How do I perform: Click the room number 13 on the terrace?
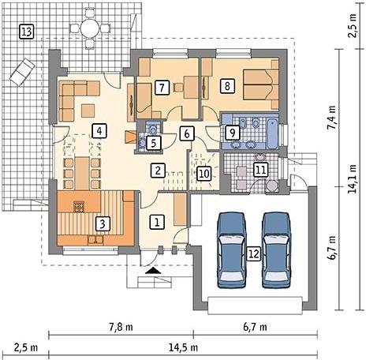coord(27,32)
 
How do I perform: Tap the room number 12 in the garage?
coord(253,253)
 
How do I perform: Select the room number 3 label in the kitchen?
coord(103,223)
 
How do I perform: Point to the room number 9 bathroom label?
coord(233,133)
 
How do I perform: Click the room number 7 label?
coord(162,88)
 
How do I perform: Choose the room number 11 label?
coord(260,170)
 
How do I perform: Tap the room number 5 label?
coord(153,143)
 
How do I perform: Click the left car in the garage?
coord(231,250)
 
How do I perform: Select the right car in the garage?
coord(276,250)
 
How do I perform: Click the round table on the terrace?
coord(89,28)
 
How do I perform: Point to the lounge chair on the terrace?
coord(22,72)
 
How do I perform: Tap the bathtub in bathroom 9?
coord(272,134)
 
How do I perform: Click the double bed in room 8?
coord(261,84)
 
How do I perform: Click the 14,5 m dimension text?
coord(183,347)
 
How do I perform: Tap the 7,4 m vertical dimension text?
coord(332,117)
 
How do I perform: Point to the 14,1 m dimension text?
coord(353,179)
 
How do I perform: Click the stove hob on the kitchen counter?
coord(79,207)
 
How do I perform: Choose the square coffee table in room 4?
coord(88,111)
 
